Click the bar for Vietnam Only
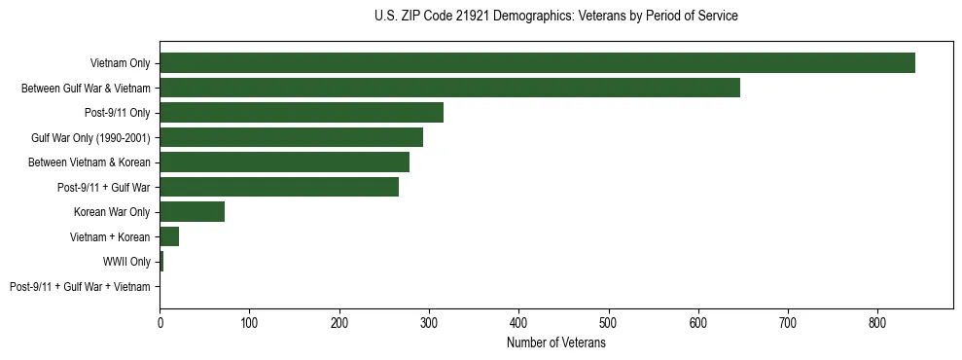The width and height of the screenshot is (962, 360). [537, 63]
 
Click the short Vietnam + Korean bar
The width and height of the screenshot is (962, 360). [169, 236]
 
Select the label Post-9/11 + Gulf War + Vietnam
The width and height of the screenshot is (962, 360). [80, 287]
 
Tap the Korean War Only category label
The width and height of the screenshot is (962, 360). [112, 212]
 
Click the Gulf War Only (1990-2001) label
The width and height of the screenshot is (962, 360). [90, 138]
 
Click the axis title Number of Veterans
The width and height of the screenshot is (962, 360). [556, 342]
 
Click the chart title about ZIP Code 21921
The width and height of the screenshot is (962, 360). [556, 17]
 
